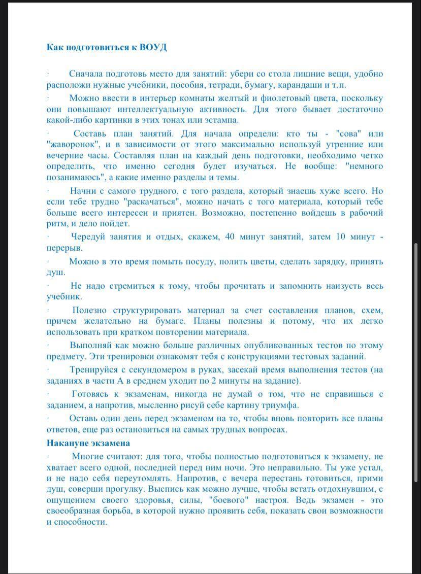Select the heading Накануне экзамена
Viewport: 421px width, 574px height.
tap(88, 443)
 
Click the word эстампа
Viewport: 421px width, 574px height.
tap(220, 120)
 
